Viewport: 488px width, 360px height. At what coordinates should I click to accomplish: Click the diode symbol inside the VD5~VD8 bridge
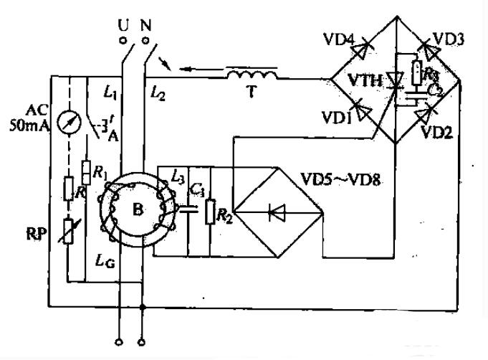[276, 212]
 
